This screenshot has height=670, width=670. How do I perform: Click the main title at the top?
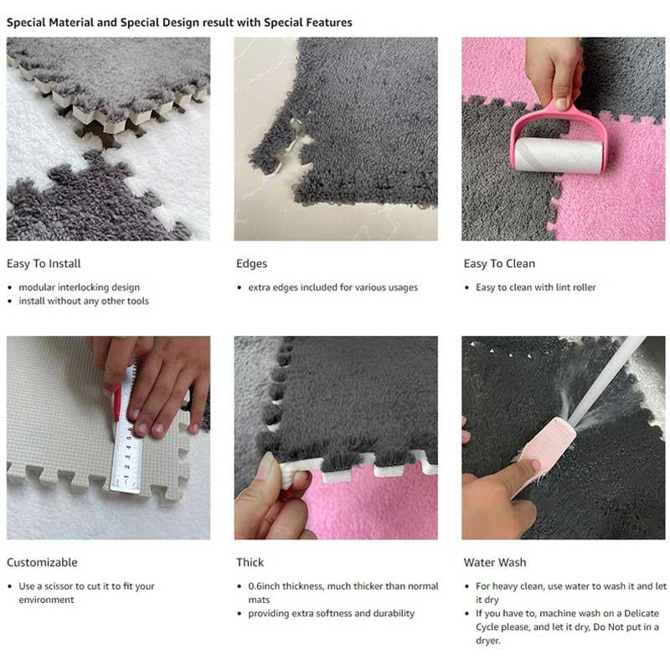tap(179, 22)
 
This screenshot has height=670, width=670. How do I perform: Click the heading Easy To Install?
tap(44, 263)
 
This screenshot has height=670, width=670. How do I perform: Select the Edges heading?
tap(251, 263)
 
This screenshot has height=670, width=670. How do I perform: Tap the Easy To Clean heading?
tap(499, 263)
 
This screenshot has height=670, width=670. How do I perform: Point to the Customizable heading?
tap(42, 562)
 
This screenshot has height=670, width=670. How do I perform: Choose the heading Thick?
tap(250, 562)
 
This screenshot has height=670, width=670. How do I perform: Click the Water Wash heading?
tap(495, 562)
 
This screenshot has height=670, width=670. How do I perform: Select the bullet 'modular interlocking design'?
tap(79, 287)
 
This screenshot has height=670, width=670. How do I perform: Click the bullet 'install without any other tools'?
tap(84, 301)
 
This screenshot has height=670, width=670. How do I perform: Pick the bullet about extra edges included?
tap(332, 287)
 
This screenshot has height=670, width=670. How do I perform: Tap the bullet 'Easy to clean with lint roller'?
tap(535, 287)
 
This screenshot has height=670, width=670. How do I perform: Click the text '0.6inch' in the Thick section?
tap(266, 586)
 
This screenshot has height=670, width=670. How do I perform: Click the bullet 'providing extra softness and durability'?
tap(331, 613)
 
